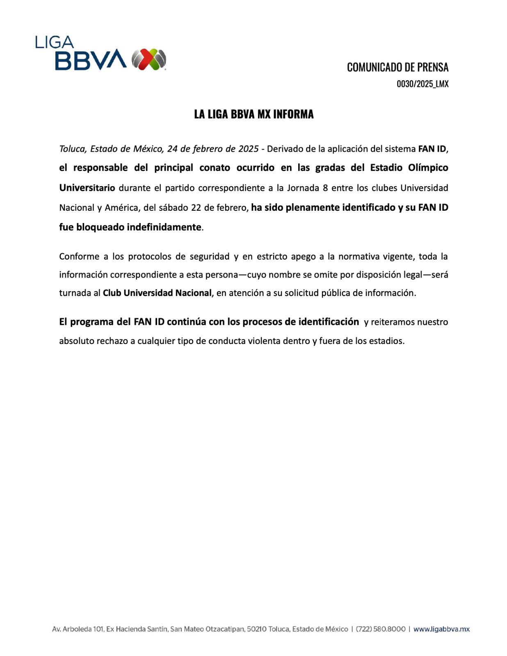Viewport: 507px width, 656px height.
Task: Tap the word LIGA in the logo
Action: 54,42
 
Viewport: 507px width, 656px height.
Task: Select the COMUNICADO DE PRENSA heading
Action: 397,67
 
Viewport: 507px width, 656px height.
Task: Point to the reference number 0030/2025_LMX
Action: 422,84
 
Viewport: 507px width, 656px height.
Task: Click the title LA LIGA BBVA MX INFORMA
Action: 253,114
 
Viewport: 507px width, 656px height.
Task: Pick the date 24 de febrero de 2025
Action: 212,149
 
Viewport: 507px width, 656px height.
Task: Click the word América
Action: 121,207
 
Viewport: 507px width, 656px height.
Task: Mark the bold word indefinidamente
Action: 164,227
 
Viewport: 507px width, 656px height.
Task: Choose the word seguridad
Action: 209,257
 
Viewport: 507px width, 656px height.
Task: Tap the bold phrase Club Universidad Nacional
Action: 157,293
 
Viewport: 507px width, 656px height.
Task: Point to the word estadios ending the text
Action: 388,341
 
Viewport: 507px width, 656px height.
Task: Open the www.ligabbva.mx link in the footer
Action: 441,629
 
